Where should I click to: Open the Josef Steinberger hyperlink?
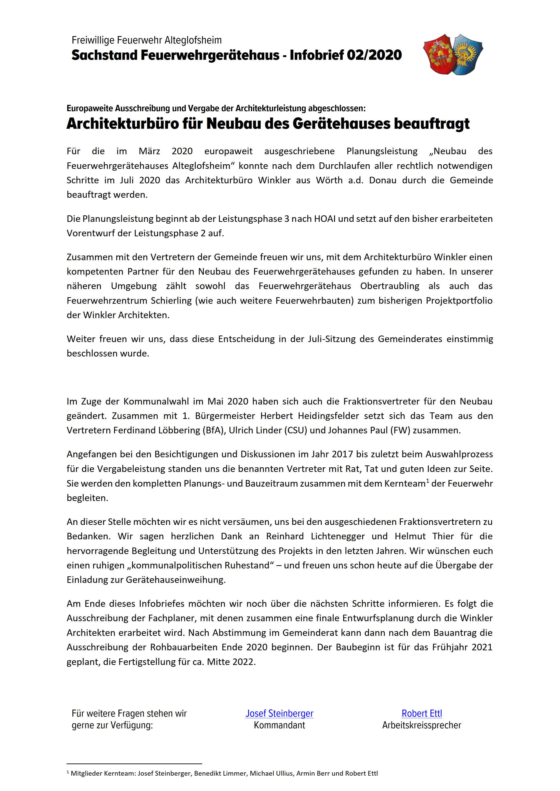click(279, 713)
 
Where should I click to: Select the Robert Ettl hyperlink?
click(422, 713)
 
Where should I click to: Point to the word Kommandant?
click(279, 725)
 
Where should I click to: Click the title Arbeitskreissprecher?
click(421, 725)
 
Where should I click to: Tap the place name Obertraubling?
click(390, 286)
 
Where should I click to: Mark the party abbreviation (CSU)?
click(295, 430)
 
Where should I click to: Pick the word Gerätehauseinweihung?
click(176, 580)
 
